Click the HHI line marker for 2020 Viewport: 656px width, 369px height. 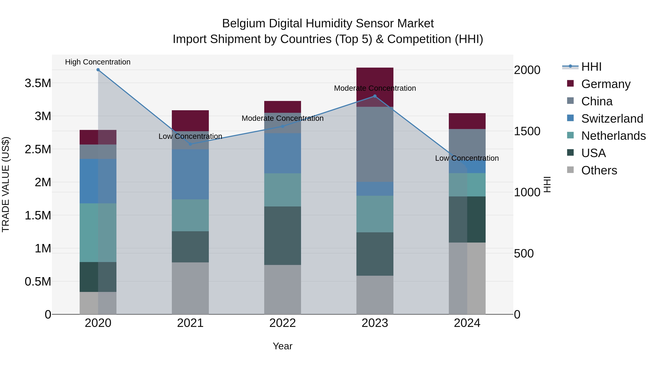point(98,70)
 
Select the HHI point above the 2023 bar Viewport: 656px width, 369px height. point(375,96)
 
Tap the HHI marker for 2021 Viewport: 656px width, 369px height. point(190,144)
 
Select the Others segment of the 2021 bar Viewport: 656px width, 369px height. point(190,288)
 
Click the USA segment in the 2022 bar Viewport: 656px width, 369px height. point(282,236)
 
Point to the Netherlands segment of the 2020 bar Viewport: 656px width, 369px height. point(98,233)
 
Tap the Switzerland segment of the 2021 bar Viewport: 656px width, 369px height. point(190,174)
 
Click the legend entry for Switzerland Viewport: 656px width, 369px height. point(612,119)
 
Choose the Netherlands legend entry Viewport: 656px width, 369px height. point(613,136)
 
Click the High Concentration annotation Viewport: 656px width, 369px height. point(98,62)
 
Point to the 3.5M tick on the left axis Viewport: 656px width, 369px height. point(38,83)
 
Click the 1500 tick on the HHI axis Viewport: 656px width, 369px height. point(527,131)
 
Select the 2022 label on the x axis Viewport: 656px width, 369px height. point(282,323)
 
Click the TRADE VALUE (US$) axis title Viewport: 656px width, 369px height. point(6,184)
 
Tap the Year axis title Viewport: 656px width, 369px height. point(282,346)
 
